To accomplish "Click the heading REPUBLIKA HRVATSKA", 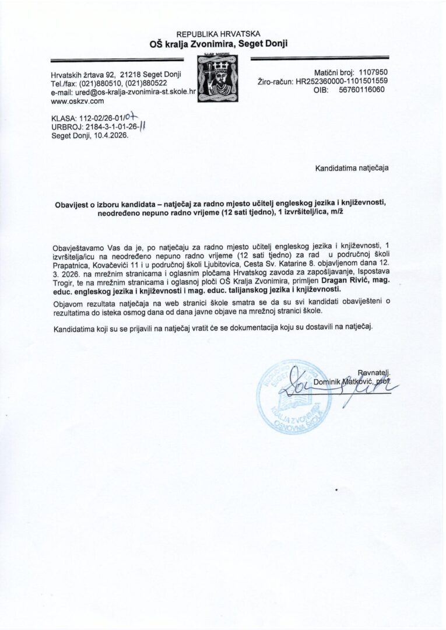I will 219,34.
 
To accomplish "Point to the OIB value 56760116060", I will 361,91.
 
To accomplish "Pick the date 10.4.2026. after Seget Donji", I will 110,135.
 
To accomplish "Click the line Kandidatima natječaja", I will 352,168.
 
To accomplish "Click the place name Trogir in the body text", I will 65,281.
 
